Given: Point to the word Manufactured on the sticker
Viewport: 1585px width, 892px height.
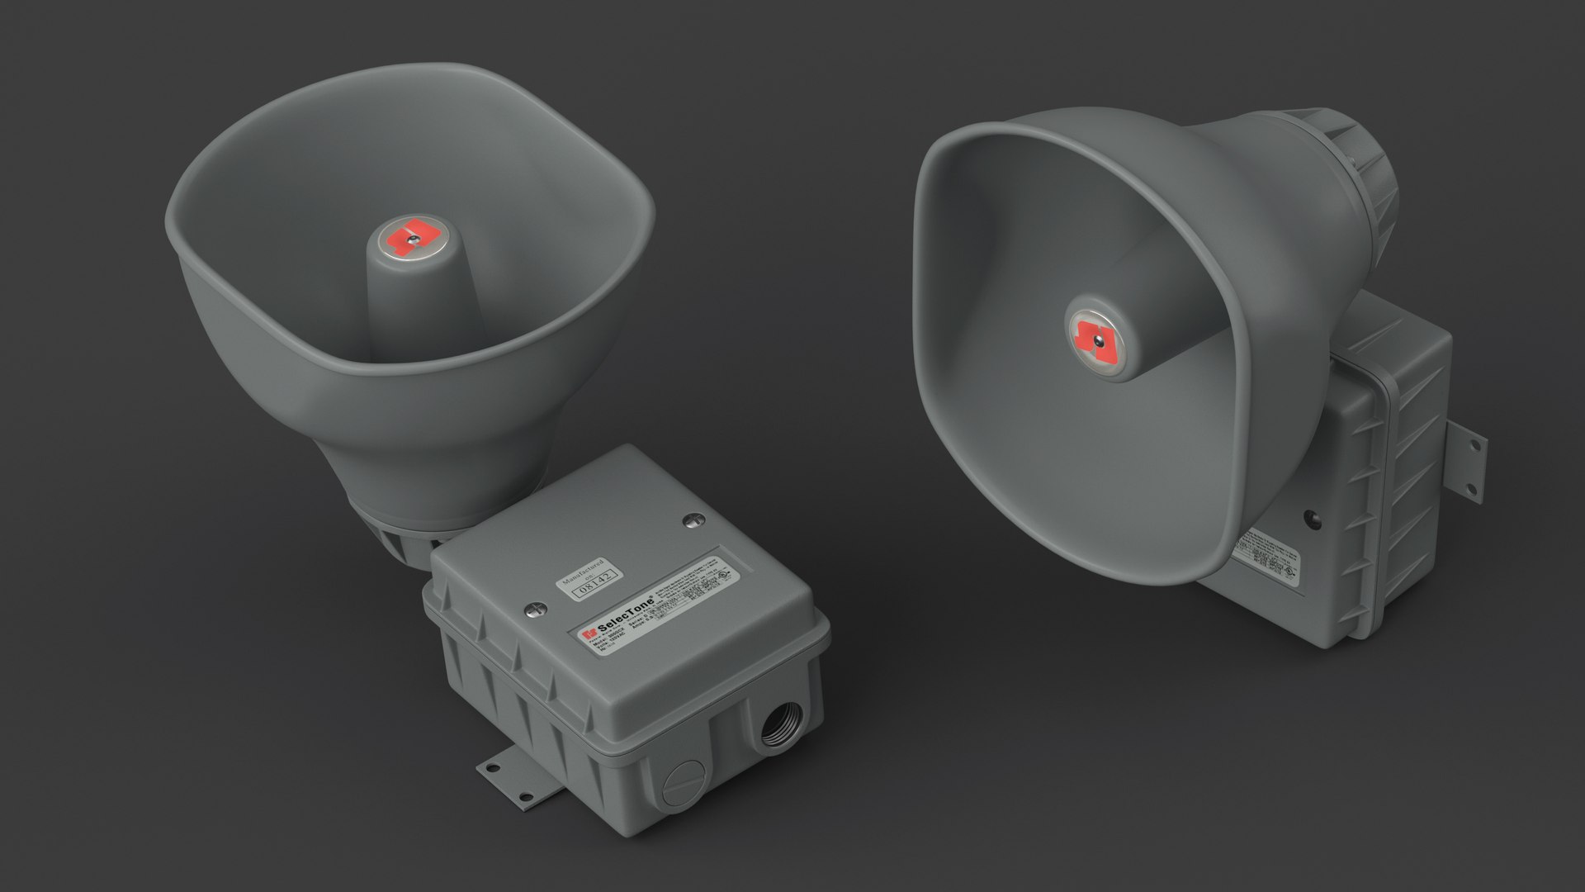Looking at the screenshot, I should [x=583, y=569].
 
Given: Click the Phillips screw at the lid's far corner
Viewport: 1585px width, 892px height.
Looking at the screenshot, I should [x=694, y=520].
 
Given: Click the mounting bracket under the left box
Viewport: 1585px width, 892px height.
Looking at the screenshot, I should [x=512, y=776].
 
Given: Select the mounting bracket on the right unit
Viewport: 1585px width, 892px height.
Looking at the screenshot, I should [x=1466, y=467].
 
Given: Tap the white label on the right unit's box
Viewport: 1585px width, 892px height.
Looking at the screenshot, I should [x=1267, y=557].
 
